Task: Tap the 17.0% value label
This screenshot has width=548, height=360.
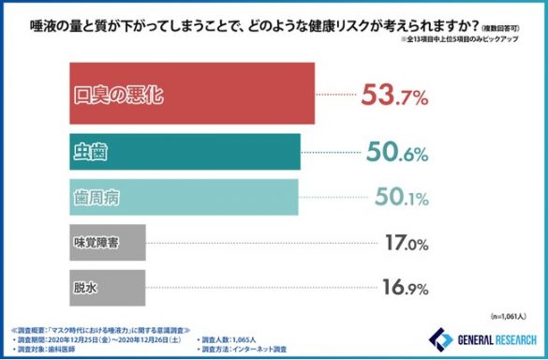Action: point(403,243)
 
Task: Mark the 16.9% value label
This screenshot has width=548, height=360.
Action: point(403,288)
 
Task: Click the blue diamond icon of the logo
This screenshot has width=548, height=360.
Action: point(438,339)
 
